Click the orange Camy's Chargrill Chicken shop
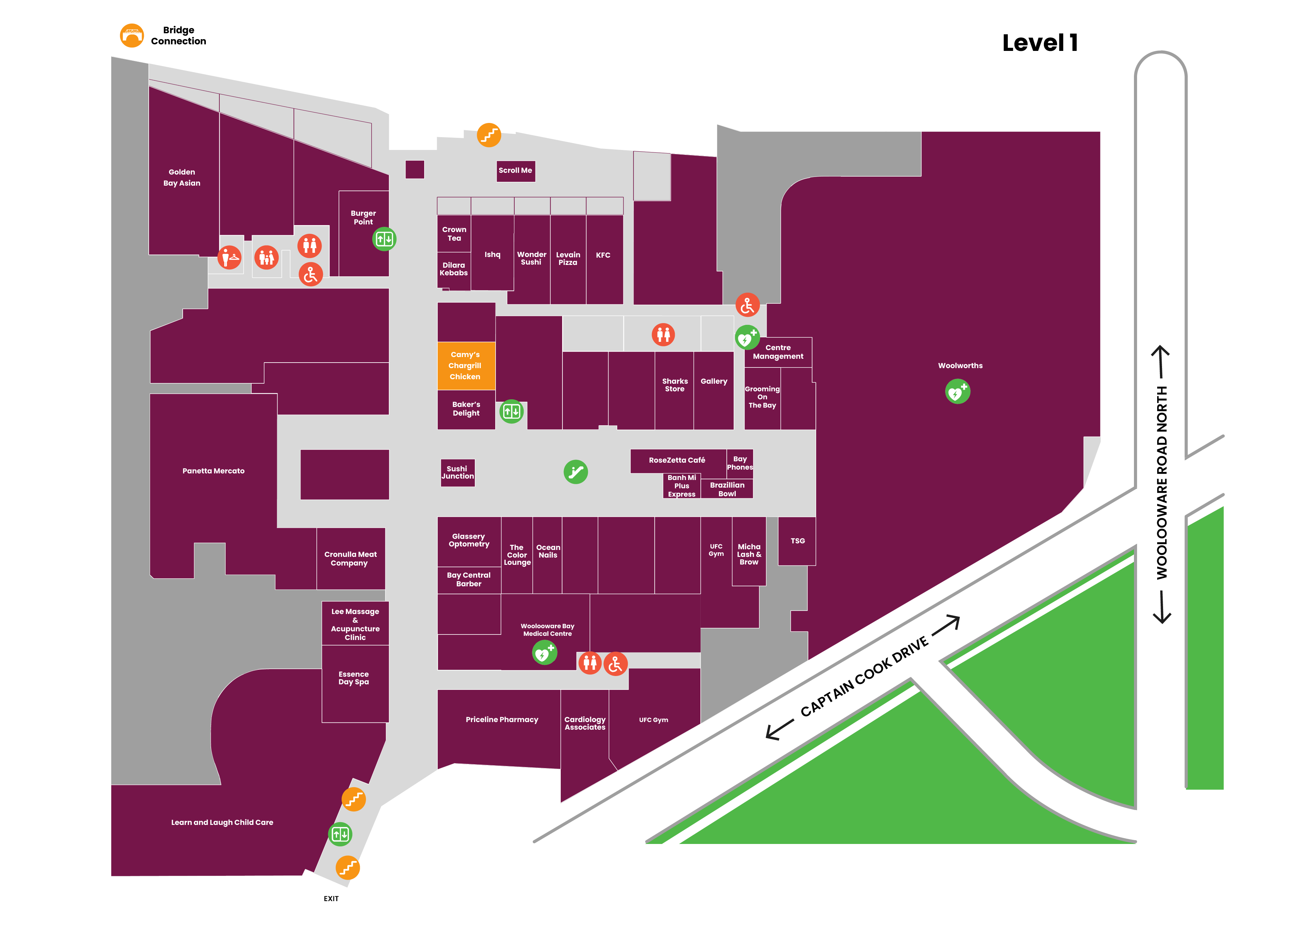click(x=465, y=366)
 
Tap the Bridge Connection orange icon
click(x=132, y=35)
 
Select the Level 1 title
click(x=1040, y=43)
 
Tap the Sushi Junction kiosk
click(x=457, y=473)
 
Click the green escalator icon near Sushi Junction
click(x=576, y=472)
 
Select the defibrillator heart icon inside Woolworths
click(x=958, y=392)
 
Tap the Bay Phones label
click(x=740, y=463)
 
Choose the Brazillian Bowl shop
click(x=727, y=489)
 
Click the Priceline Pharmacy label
click(x=502, y=720)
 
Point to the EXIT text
click(x=331, y=899)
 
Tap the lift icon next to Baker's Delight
click(x=511, y=411)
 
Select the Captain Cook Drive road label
click(x=864, y=677)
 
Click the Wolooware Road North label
click(x=1162, y=483)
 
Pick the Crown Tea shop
click(x=454, y=233)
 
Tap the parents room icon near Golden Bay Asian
click(x=267, y=258)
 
